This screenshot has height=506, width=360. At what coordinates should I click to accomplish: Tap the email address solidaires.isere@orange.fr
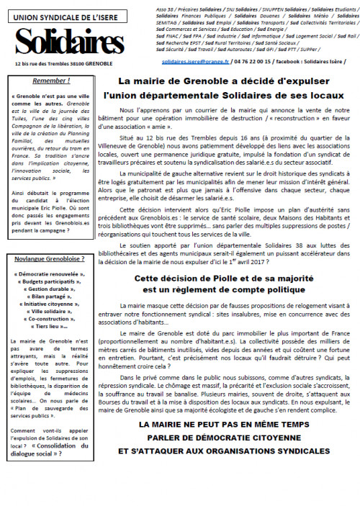tap(193, 63)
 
